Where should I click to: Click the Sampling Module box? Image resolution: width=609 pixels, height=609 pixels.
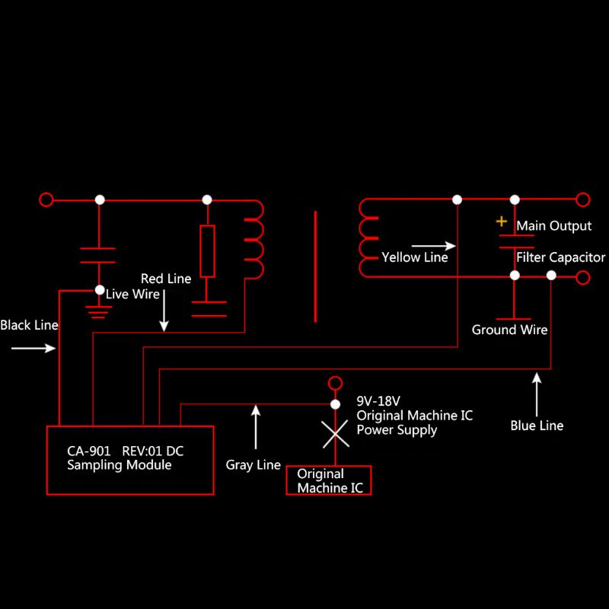click(130, 460)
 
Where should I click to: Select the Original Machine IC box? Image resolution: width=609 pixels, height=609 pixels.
click(329, 480)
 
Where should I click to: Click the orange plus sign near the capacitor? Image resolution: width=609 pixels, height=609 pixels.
click(501, 222)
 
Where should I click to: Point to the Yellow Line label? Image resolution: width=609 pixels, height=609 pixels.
click(415, 257)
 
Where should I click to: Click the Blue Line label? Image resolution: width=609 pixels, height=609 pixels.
click(537, 426)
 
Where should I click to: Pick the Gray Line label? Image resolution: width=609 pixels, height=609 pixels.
click(253, 464)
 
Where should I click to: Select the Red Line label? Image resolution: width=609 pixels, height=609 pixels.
click(166, 279)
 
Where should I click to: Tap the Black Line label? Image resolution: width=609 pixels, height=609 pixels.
click(29, 325)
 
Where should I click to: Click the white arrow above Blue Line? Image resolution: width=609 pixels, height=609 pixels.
click(537, 391)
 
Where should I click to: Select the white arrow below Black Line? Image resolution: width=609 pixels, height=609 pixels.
click(34, 349)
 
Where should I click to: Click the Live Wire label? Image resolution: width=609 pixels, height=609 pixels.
click(132, 294)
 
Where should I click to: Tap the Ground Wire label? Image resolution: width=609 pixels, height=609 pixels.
click(509, 330)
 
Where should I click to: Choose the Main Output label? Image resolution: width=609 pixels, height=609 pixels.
click(553, 226)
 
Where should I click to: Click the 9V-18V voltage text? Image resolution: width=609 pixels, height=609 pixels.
click(378, 400)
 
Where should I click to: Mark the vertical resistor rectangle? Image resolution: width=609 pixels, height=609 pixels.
click(207, 251)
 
